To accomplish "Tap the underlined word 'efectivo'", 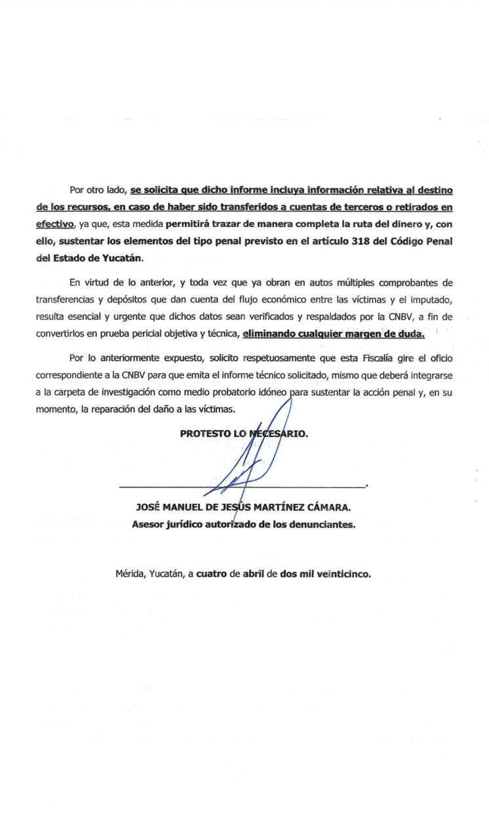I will click(x=55, y=224).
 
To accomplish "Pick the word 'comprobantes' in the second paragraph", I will click(x=410, y=283).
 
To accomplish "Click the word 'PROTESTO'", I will click(x=205, y=434).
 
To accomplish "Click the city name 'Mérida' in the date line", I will click(x=130, y=574).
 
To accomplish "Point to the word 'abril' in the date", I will click(x=252, y=574).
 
